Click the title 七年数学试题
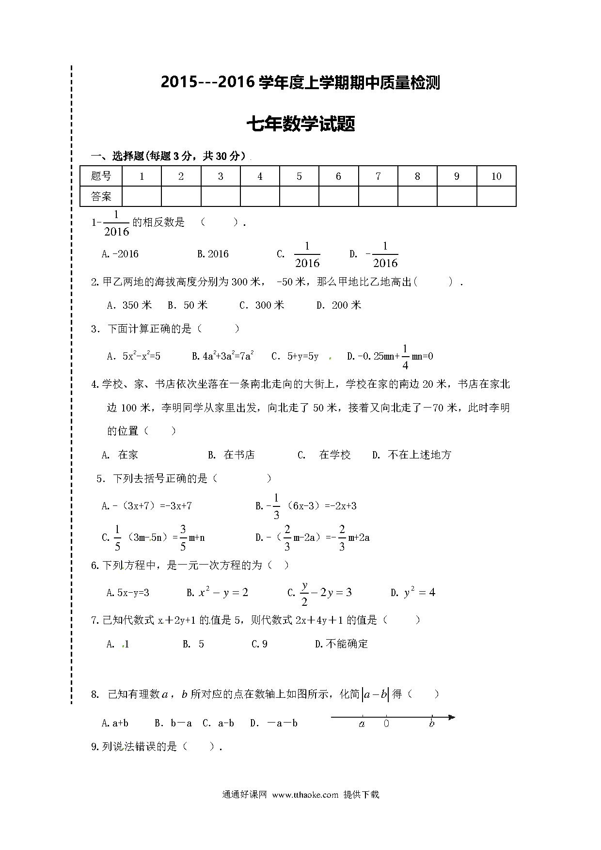[x=300, y=124]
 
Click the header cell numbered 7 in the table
[x=378, y=176]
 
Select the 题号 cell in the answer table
[x=101, y=176]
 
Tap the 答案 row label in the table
[x=101, y=196]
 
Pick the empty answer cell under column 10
[x=496, y=196]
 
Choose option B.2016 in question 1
[x=213, y=254]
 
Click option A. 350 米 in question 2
[x=129, y=305]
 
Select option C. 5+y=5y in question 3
[x=295, y=357]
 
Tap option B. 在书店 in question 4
[x=231, y=455]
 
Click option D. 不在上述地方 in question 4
[x=411, y=455]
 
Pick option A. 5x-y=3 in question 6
[x=127, y=593]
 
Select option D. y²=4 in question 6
[x=413, y=593]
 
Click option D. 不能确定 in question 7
[x=341, y=644]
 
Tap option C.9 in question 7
[x=259, y=644]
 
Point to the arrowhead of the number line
[x=452, y=717]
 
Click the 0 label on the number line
[x=386, y=724]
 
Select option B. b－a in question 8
[x=173, y=724]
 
